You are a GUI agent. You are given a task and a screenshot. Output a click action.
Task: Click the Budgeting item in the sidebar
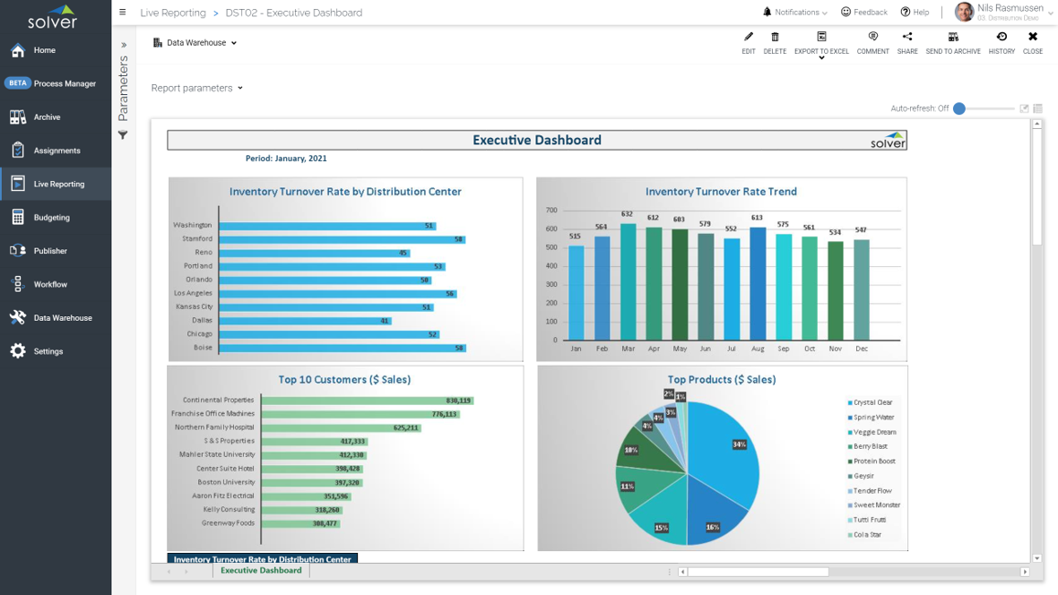51,218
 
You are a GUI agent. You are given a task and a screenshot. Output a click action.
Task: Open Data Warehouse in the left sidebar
62,318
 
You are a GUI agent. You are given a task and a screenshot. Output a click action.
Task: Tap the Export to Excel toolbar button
821,42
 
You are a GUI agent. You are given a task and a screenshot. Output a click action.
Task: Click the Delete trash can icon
775,42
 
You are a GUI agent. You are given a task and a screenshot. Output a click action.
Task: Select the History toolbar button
1002,42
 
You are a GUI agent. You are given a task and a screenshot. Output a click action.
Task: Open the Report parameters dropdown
197,88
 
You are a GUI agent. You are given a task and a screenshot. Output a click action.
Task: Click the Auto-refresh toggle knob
959,108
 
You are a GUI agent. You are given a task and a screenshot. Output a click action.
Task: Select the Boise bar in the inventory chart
341,348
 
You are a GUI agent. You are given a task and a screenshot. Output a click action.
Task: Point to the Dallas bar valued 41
305,321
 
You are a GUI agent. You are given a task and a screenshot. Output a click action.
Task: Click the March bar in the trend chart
628,281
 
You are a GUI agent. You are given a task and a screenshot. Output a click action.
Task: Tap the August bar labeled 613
758,283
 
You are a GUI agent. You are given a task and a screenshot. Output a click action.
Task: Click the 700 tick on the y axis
551,211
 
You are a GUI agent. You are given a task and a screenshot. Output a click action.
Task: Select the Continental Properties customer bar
367,401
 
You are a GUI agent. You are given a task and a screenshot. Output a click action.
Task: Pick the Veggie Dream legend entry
874,432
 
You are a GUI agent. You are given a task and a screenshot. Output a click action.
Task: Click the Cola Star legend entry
867,535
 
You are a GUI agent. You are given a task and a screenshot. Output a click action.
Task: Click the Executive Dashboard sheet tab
261,571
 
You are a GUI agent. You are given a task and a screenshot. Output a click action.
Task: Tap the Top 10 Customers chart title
344,380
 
